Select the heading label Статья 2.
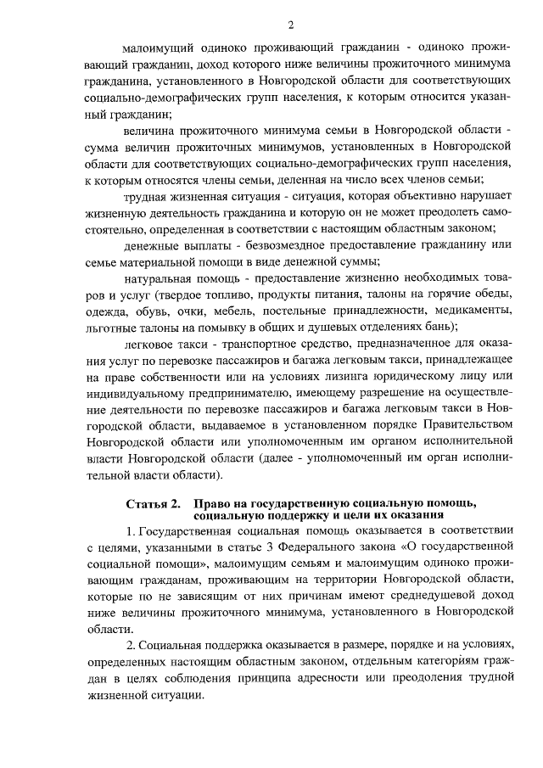[x=153, y=505]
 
